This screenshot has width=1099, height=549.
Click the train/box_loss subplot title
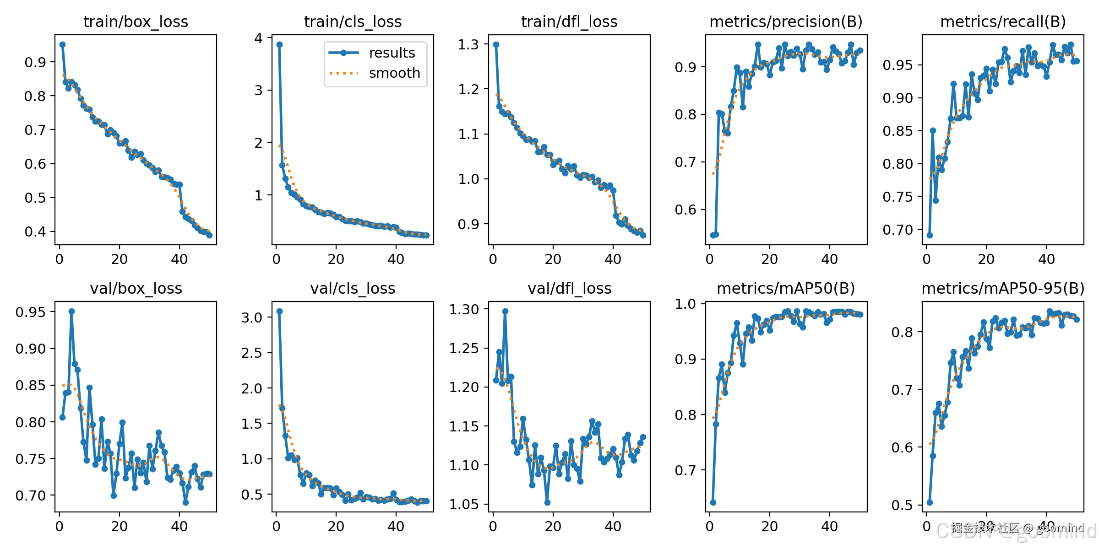(136, 22)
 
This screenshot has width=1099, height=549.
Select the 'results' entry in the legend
(392, 53)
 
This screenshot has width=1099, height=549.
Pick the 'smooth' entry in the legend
(394, 73)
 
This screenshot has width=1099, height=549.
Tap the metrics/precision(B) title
(786, 22)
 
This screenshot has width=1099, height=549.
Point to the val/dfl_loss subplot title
(569, 288)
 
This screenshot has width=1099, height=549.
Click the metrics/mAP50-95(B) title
(1003, 288)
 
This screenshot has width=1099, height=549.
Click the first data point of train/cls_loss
(279, 44)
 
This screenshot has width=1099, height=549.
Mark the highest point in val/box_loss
(71, 311)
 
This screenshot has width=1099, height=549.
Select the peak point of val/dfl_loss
(505, 311)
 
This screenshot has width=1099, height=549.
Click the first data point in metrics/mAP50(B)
(713, 502)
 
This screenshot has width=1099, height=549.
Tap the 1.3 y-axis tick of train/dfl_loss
(468, 44)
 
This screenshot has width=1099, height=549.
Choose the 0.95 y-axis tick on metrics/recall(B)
(898, 65)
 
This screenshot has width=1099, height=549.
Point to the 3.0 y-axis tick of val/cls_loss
(251, 318)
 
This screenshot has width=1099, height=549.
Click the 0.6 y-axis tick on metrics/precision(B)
(685, 210)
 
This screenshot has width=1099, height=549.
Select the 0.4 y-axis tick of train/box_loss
(35, 231)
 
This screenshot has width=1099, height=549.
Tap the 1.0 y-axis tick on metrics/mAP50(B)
(685, 304)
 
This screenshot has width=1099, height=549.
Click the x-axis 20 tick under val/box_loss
(119, 526)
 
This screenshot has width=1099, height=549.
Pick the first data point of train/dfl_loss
(496, 44)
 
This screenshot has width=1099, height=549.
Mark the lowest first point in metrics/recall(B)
(930, 235)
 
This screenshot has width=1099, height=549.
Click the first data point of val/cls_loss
(279, 311)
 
